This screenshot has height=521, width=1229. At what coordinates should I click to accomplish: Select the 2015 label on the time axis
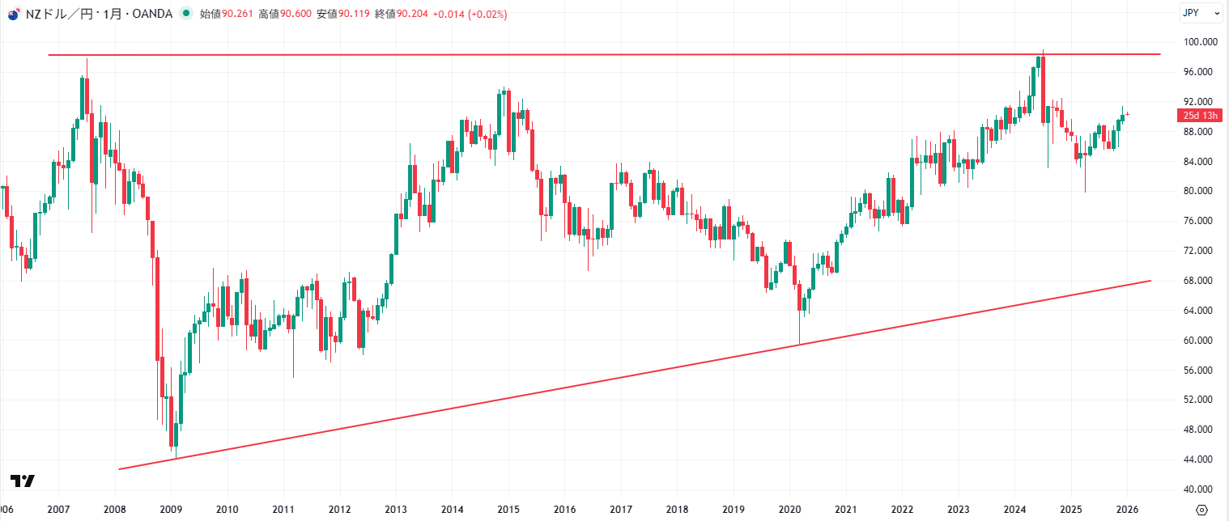point(508,510)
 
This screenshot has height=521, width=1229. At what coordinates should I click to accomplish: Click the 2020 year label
point(789,510)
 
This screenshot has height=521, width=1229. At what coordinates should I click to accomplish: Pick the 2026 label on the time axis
point(1127,510)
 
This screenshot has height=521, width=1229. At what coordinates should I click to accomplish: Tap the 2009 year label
point(171,510)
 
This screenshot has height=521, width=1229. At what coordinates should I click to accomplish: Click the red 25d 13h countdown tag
point(1199,116)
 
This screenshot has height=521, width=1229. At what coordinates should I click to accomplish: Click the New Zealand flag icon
point(13,14)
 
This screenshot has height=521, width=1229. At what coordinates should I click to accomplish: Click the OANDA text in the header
point(151,14)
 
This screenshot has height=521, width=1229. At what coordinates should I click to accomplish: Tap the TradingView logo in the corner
point(23,481)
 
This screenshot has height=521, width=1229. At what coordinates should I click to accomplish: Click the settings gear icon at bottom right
point(1201,510)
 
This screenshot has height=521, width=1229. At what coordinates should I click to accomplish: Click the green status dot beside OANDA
point(187,14)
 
